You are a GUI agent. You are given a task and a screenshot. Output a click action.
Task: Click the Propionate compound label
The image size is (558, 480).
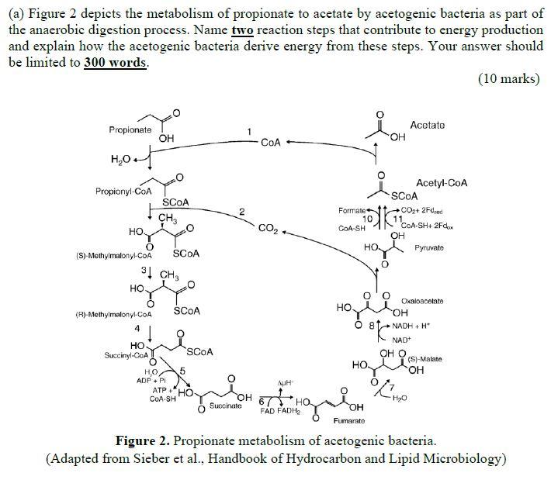(130, 129)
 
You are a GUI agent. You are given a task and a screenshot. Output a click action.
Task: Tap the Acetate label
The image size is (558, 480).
(427, 125)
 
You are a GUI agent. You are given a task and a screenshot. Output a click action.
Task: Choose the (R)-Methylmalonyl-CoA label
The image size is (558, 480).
(116, 315)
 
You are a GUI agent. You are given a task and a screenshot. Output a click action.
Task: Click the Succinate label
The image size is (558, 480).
(225, 406)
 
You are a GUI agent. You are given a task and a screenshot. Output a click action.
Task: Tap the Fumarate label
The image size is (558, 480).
(348, 420)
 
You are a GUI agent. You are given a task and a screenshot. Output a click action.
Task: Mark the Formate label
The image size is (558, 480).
(353, 211)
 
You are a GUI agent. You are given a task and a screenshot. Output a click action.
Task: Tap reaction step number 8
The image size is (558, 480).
(372, 326)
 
